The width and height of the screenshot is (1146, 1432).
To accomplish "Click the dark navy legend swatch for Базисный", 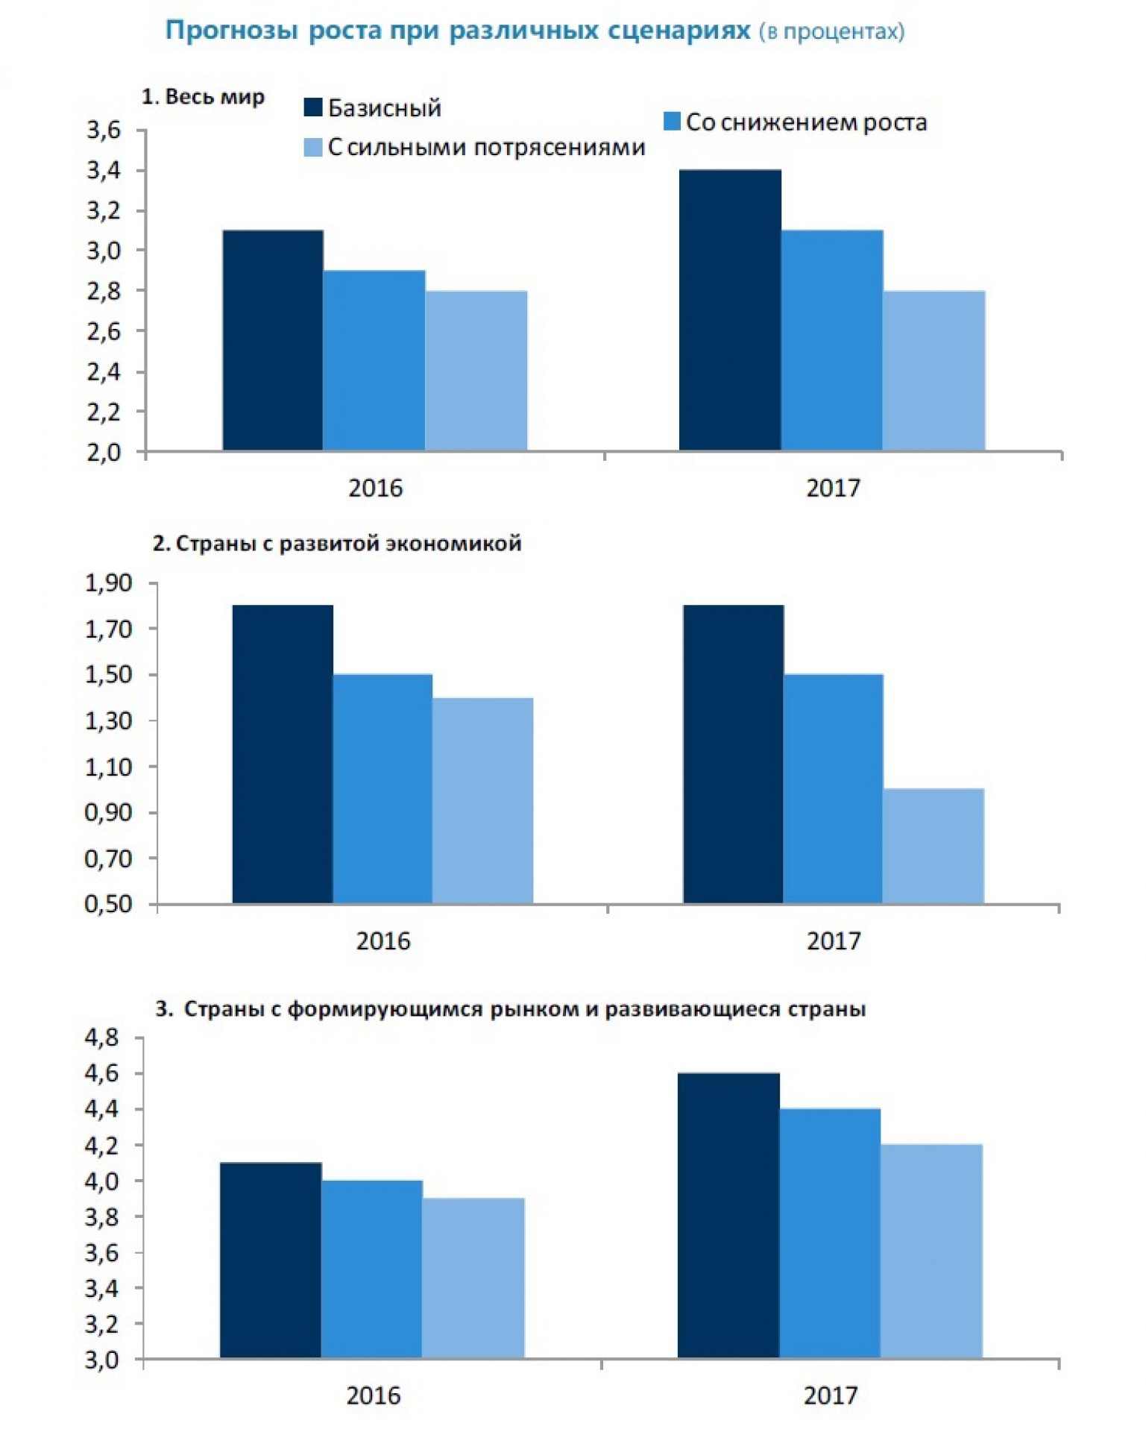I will [312, 107].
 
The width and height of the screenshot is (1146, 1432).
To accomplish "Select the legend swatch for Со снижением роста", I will [672, 122].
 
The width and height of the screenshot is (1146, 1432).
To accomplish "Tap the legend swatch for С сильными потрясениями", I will [312, 147].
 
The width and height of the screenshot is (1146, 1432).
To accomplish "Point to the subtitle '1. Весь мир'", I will [203, 97].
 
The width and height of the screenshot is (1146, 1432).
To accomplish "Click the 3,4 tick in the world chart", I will [104, 171].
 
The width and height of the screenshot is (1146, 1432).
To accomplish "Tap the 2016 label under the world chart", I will [375, 489].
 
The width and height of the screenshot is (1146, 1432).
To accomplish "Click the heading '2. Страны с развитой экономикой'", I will [337, 544].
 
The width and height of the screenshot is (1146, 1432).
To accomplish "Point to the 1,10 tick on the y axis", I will [108, 767].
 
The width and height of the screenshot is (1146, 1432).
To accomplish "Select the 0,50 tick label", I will [108, 904].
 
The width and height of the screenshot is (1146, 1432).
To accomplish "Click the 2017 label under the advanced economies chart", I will [833, 941].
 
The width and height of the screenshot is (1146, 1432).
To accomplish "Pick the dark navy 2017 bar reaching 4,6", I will [728, 1215].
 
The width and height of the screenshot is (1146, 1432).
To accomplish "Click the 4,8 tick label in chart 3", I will [102, 1037].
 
